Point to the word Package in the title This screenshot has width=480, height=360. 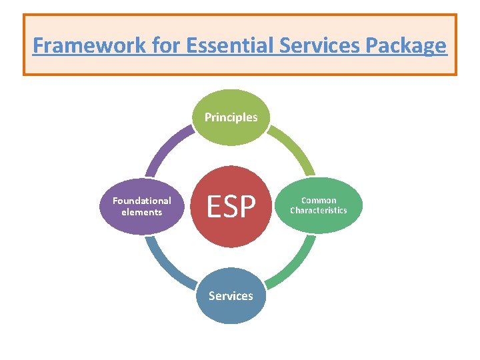407,46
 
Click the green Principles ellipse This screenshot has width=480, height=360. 231,117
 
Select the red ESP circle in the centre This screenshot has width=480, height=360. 231,207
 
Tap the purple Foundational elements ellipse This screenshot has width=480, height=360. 141,206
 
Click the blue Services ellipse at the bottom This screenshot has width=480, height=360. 231,295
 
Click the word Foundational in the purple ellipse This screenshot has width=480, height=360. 141,201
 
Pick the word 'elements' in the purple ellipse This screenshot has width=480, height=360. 141,212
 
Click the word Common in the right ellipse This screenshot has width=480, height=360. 319,200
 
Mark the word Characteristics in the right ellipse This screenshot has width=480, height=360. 319,211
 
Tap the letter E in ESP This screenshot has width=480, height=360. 213,207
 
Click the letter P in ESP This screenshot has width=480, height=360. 248,207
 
